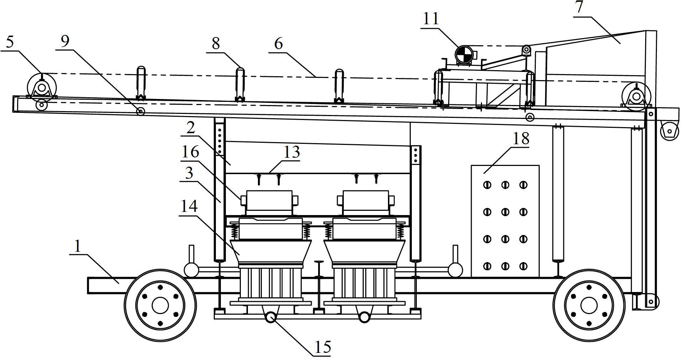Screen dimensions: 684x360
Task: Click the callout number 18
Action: click(521, 138)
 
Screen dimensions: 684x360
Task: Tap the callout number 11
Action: click(430, 19)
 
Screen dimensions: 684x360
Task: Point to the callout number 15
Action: click(323, 347)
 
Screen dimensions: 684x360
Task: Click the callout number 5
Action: click(10, 42)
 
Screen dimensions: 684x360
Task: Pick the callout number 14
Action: click(189, 206)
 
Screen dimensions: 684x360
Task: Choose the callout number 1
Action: click(78, 246)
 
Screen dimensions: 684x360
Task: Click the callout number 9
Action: click(65, 42)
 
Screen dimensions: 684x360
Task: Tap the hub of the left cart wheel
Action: click(160, 305)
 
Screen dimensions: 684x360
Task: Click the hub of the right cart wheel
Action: click(589, 305)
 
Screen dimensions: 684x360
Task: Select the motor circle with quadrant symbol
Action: click(463, 55)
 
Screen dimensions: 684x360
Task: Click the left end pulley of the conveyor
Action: click(42, 87)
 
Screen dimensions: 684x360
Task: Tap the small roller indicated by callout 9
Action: click(141, 111)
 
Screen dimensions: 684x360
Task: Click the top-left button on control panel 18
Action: click(487, 185)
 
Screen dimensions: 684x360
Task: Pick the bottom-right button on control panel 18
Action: click(523, 266)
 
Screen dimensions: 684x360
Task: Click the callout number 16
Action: click(190, 152)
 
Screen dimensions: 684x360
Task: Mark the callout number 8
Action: click(216, 43)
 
